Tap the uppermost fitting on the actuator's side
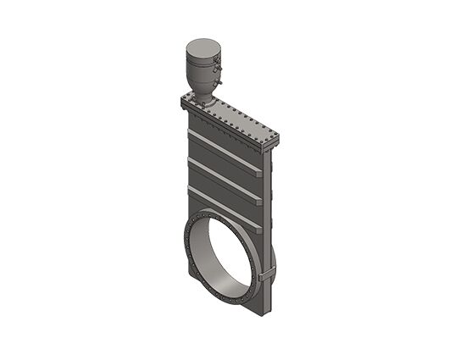pos(217,60)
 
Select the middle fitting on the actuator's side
pos(218,71)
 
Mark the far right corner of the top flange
pos(276,138)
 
